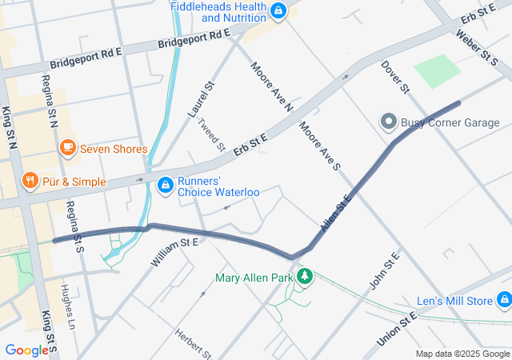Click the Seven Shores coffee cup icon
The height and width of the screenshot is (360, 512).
coord(67,149)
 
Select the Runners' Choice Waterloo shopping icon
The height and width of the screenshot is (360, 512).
coord(165,186)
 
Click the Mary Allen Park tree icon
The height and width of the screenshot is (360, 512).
coord(304,278)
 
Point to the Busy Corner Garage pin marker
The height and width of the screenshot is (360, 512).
coord(389,122)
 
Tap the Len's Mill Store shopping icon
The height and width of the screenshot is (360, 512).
coord(503,301)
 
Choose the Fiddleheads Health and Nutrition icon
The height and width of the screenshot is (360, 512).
coord(278,10)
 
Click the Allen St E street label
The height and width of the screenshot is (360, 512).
coord(336,214)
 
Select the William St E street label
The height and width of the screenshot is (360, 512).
coord(174,252)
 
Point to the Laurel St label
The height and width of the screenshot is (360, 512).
coord(202,100)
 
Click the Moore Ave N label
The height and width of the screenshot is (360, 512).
coord(272,86)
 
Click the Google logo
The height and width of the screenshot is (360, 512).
coord(26,350)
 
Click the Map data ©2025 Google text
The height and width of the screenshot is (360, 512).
coord(462,354)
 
